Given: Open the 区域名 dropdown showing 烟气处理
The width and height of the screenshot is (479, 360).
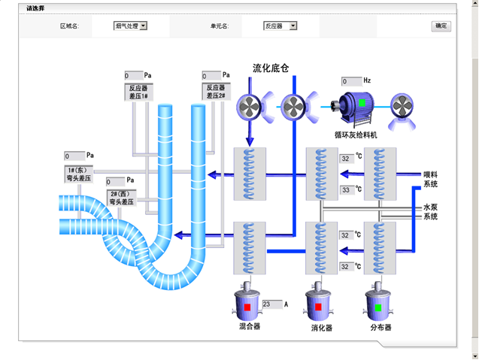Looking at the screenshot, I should [x=131, y=26].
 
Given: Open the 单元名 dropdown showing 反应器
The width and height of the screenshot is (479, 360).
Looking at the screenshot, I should [x=280, y=26].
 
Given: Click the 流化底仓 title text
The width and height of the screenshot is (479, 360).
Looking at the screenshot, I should [x=271, y=68].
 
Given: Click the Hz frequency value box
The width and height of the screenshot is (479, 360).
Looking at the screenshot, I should [x=351, y=81].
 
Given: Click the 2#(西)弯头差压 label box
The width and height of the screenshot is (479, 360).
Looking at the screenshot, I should [x=120, y=198].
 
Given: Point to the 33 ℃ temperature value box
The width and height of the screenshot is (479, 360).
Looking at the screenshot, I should [x=346, y=190].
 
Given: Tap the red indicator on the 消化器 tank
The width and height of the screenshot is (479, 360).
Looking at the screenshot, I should [x=318, y=307].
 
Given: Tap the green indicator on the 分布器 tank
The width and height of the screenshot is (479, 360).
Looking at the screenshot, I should [x=378, y=307].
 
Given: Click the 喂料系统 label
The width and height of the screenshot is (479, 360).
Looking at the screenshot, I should [x=430, y=179].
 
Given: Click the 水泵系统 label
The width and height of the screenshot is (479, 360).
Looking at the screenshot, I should [x=430, y=212].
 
